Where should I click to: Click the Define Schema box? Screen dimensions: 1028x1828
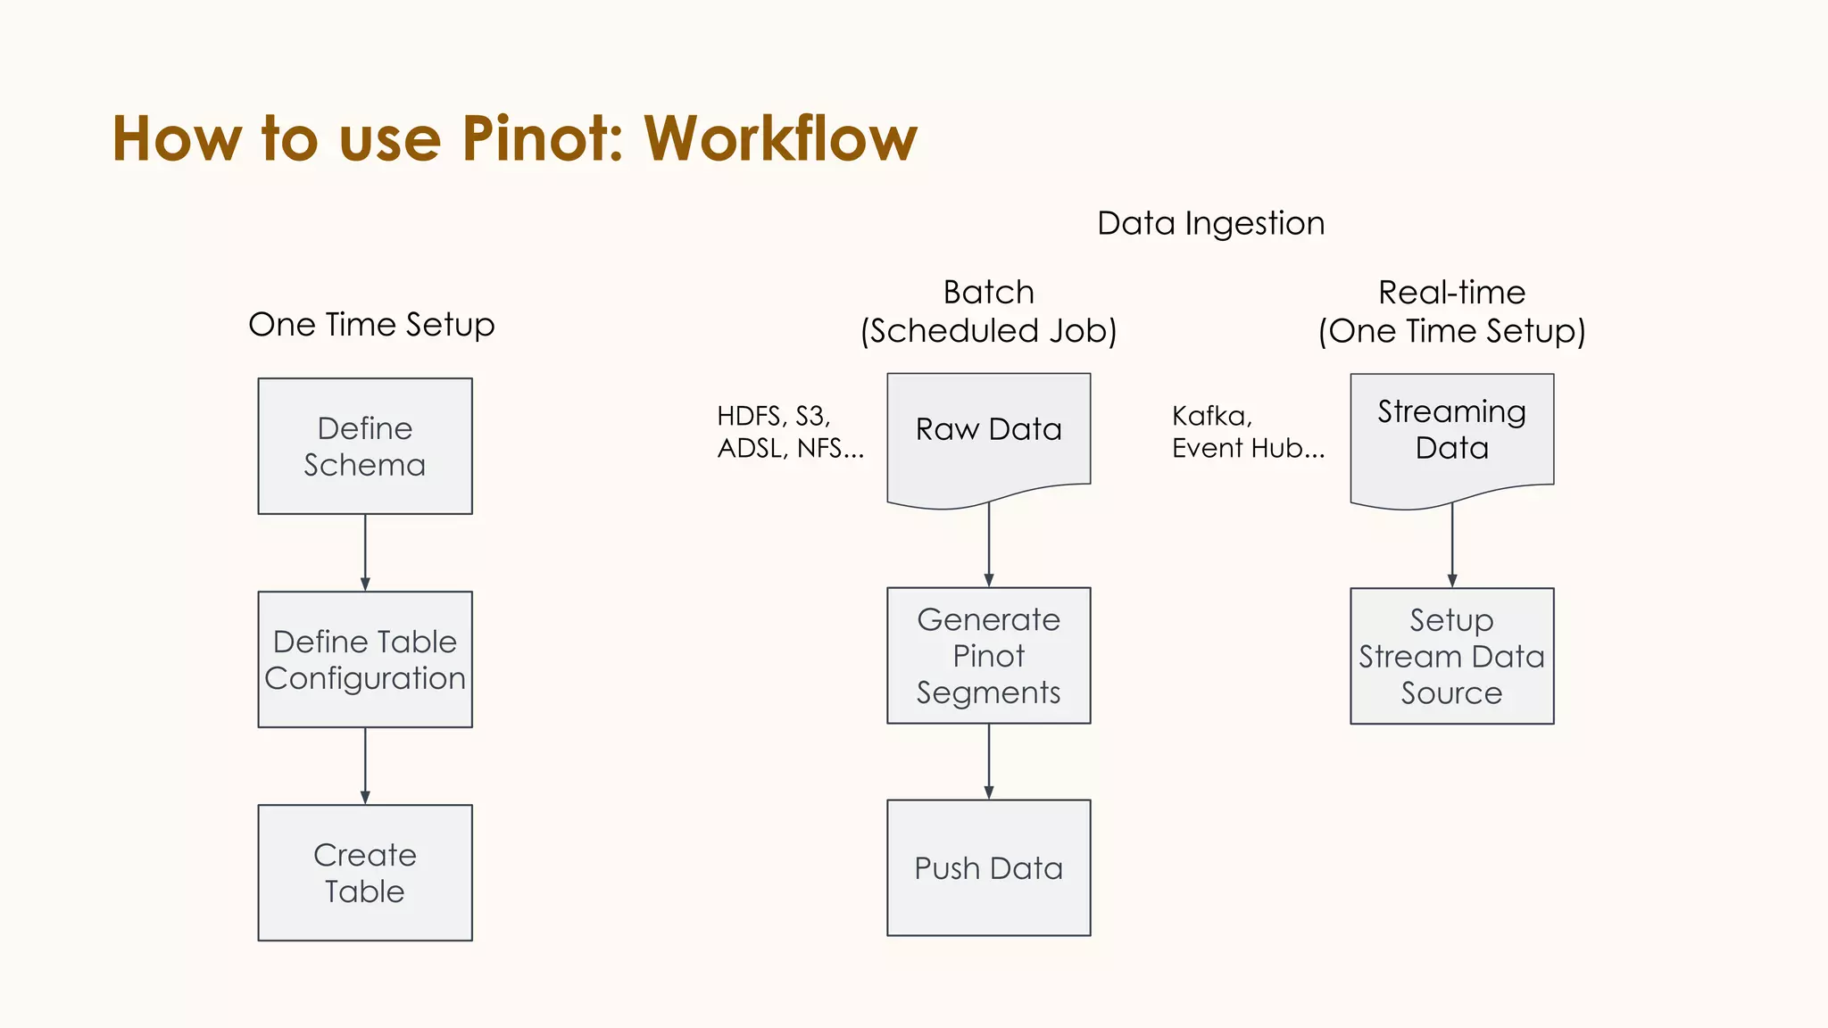[365, 446]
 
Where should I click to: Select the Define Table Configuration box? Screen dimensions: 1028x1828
[365, 659]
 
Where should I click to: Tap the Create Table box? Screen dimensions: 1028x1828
[365, 873]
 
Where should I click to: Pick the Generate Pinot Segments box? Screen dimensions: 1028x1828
[989, 656]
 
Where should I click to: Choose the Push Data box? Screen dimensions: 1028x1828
[989, 867]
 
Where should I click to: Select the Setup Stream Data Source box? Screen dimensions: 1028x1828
[1452, 656]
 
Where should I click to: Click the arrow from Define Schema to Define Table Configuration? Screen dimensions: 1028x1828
[365, 552]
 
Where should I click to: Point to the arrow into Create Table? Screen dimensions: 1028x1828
[365, 766]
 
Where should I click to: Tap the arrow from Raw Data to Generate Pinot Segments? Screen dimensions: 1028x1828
[989, 544]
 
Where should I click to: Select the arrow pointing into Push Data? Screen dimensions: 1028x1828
[989, 761]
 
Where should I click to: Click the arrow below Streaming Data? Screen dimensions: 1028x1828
[1452, 544]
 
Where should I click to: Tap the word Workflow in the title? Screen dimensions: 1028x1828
[780, 139]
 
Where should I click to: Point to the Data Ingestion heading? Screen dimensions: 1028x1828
[1211, 223]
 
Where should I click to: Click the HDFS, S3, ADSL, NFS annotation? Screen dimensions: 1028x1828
[790, 432]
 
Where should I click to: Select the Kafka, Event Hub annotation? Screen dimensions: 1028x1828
[1247, 432]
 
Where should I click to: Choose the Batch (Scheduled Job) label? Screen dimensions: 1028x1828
[989, 311]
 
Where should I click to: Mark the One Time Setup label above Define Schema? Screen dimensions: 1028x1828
[371, 325]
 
